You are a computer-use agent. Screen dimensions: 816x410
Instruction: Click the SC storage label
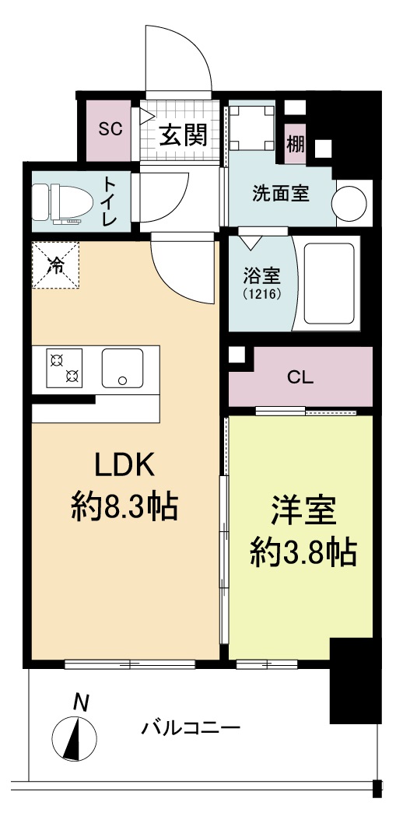tap(110, 129)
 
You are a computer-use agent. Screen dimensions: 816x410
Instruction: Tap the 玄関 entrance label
tap(184, 135)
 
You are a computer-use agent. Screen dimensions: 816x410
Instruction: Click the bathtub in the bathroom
tap(329, 282)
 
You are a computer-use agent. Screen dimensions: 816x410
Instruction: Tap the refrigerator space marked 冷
tap(56, 264)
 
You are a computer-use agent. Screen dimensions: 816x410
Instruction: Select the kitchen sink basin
tap(122, 367)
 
